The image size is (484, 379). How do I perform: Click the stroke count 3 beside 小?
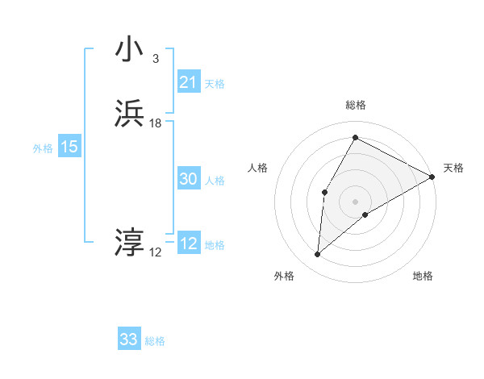[x=155, y=59]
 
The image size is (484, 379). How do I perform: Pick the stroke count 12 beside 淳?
[x=155, y=252]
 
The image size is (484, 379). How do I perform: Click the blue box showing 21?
[x=188, y=82]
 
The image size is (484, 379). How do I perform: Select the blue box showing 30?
[x=188, y=180]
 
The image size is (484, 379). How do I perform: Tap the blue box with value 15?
[x=69, y=148]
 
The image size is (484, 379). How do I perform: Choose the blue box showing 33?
[x=129, y=339]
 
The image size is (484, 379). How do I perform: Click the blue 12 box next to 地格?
[x=188, y=244]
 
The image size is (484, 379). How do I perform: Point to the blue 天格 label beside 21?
[x=215, y=84]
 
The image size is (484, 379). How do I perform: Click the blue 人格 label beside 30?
[x=215, y=181]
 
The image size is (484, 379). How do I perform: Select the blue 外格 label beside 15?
[x=43, y=148]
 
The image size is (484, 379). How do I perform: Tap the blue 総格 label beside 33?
[x=155, y=341]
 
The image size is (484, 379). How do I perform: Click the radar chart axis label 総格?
[x=355, y=105]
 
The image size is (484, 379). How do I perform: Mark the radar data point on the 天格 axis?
[x=432, y=177]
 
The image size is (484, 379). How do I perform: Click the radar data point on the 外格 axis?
[x=318, y=255]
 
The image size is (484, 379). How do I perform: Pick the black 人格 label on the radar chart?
[x=257, y=168]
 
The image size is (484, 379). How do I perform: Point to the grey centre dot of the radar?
[x=355, y=202]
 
